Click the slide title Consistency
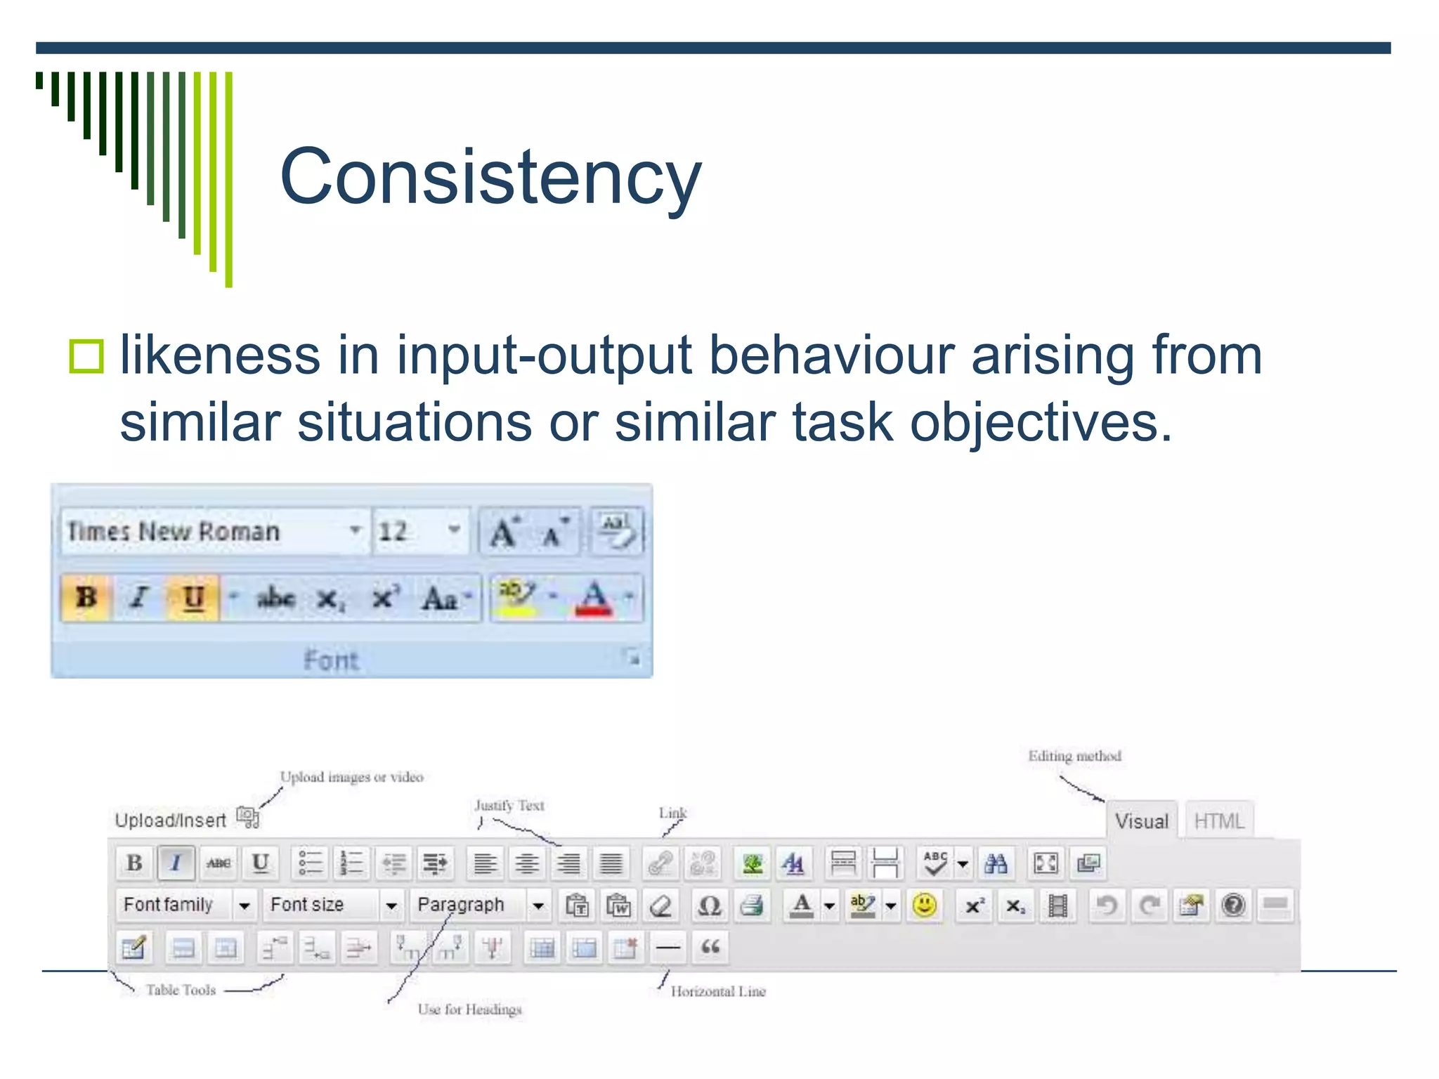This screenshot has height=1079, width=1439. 490,177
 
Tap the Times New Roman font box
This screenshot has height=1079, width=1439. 211,532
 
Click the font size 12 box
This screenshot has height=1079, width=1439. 419,532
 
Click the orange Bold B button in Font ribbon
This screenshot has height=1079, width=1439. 86,598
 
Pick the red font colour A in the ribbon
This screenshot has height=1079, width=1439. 594,599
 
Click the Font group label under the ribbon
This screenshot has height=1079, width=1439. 331,660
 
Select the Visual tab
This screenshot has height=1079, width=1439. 1142,821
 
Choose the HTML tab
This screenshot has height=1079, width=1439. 1219,821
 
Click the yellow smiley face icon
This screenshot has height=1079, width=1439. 925,905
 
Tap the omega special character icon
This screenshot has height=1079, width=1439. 709,905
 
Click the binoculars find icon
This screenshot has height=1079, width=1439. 996,863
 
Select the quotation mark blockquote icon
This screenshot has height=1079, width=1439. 710,948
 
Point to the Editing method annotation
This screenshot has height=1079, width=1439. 1074,757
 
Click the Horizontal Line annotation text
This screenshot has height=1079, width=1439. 718,991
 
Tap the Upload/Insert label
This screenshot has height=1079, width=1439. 171,820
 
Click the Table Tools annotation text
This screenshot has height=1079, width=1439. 181,990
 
